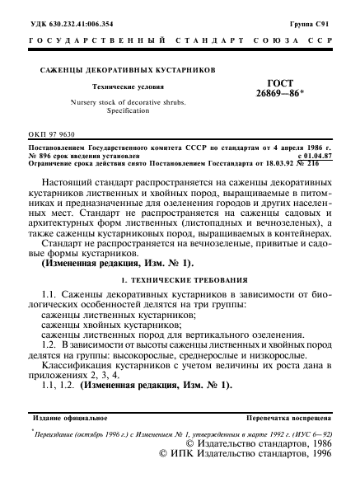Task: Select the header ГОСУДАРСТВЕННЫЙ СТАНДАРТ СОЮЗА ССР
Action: click(180, 42)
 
